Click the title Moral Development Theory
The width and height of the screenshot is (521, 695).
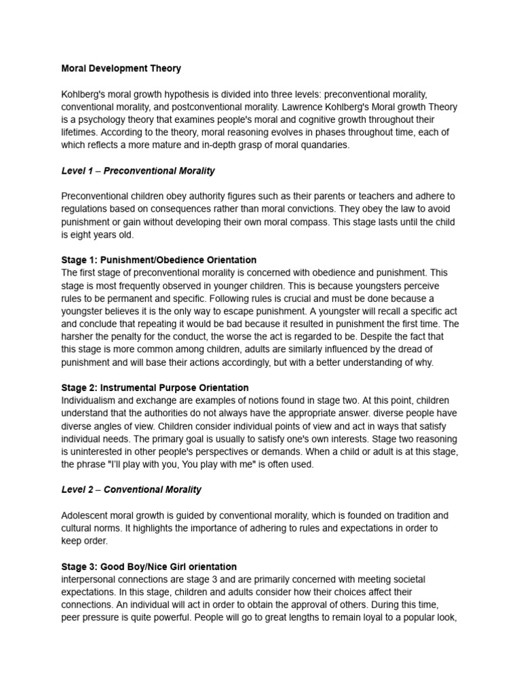pos(121,69)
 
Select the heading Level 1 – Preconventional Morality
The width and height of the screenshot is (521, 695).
pos(138,171)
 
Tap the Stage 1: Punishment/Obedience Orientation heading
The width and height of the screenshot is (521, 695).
pos(159,260)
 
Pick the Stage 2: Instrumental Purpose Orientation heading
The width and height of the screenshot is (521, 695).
pos(155,388)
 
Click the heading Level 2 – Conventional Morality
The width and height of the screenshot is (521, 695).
pos(131,489)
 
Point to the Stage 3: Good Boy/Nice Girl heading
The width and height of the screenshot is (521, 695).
pos(149,566)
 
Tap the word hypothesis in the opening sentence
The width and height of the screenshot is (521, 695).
pos(197,94)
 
